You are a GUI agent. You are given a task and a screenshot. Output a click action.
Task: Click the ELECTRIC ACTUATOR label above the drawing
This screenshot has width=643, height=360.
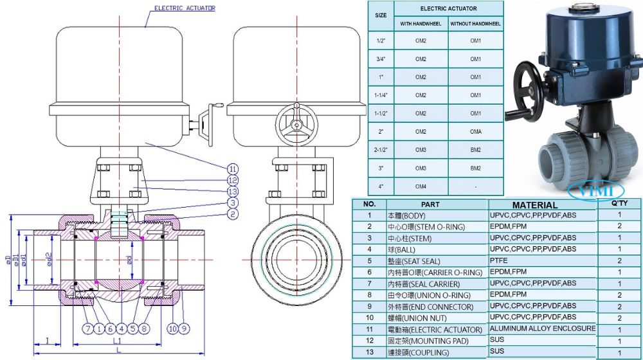click(185, 8)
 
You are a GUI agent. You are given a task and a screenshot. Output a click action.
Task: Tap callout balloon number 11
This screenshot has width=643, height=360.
click(233, 169)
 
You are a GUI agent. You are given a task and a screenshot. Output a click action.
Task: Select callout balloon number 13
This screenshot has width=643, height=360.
click(233, 192)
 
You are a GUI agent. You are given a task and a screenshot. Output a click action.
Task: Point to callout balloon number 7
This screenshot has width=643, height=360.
click(87, 328)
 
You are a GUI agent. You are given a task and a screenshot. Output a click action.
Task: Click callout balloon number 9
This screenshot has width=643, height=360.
click(184, 328)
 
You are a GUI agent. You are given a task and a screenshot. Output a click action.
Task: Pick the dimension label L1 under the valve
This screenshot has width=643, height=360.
click(117, 341)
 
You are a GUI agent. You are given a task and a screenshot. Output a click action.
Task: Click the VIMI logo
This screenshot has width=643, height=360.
click(596, 191)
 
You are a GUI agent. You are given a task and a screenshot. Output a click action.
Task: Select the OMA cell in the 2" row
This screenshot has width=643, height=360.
click(476, 132)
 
